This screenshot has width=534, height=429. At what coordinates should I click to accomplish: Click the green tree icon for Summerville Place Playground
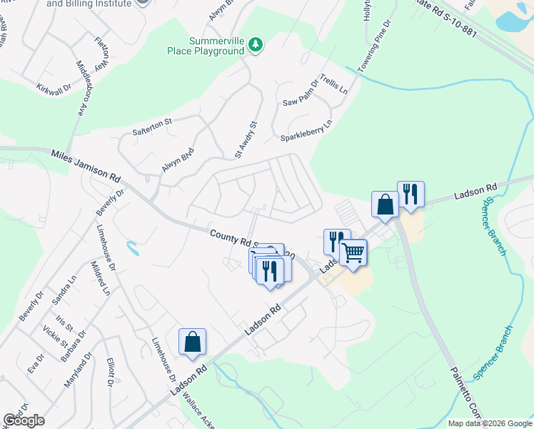256,46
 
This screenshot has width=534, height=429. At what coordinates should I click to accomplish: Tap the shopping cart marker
353,252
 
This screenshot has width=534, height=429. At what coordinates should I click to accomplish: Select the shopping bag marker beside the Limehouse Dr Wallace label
193,342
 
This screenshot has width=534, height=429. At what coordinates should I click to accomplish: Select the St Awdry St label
246,139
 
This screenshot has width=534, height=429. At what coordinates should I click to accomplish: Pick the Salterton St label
152,127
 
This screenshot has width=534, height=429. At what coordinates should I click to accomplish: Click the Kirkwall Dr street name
54,86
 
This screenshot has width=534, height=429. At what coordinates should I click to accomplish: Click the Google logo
24,420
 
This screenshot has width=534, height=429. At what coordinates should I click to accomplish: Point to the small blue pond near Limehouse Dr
131,249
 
